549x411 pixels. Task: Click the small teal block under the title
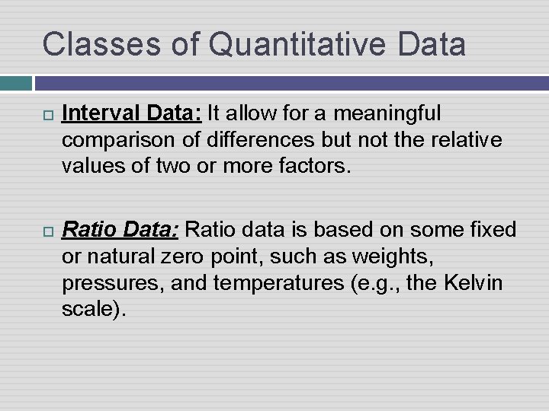coord(15,83)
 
